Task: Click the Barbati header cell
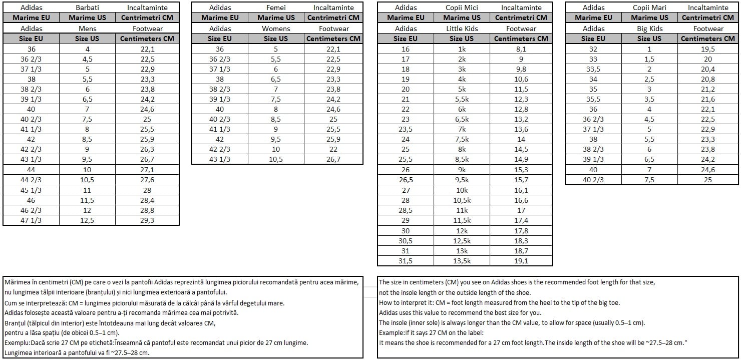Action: point(87,8)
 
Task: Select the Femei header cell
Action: point(276,8)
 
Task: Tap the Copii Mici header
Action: point(462,8)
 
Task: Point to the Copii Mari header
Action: point(649,8)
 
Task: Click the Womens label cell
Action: point(276,29)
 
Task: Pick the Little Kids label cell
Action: point(462,29)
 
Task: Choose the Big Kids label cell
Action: point(649,29)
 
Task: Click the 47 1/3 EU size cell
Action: point(31,220)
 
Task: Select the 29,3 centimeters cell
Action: point(147,220)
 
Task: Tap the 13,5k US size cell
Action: point(462,261)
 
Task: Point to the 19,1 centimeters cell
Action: point(521,261)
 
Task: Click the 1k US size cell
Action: point(462,49)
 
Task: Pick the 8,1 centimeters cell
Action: point(521,49)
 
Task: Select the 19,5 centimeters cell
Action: point(708,49)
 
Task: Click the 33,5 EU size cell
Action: point(593,69)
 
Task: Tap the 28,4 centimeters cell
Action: point(147,200)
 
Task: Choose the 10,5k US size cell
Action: point(462,200)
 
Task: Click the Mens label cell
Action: point(87,29)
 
